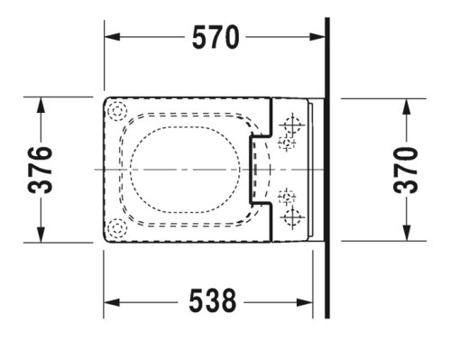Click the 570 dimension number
pyautogui.click(x=216, y=37)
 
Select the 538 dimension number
pyautogui.click(x=213, y=300)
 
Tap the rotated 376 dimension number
pyautogui.click(x=40, y=170)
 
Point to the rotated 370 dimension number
pyautogui.click(x=406, y=170)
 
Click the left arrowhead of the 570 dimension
pyautogui.click(x=112, y=37)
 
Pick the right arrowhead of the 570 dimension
pyautogui.click(x=318, y=37)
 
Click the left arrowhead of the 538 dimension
pyautogui.click(x=112, y=302)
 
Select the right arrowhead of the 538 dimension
pyautogui.click(x=305, y=302)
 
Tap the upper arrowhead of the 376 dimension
pyautogui.click(x=41, y=106)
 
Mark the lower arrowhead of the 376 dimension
pyautogui.click(x=41, y=235)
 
